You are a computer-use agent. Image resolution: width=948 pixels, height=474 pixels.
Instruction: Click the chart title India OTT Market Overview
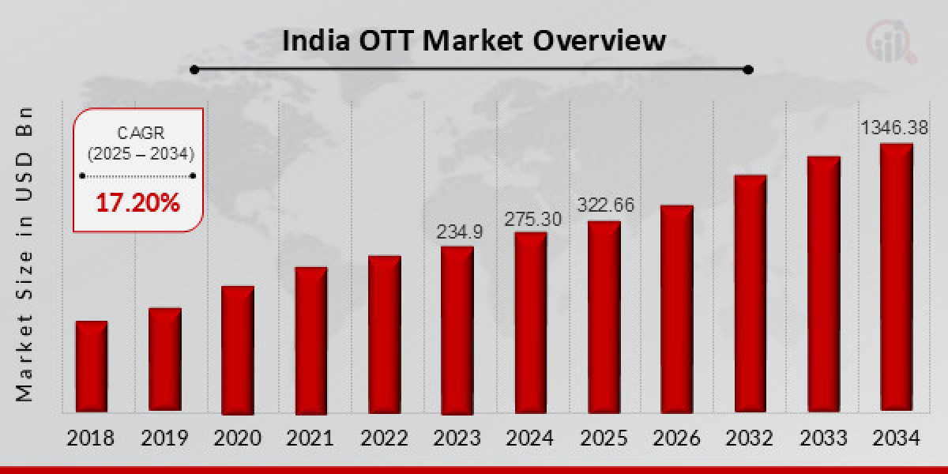pyautogui.click(x=474, y=40)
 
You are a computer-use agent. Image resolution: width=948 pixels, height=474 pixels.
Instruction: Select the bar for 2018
pyautogui.click(x=92, y=367)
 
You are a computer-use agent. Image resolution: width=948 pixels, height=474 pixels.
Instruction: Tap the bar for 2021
pyautogui.click(x=310, y=340)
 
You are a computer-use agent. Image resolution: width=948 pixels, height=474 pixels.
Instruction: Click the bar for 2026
pyautogui.click(x=676, y=309)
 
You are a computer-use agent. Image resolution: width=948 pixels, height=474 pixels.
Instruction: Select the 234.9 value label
pyautogui.click(x=459, y=231)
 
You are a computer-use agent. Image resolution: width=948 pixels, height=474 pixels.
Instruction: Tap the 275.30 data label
pyautogui.click(x=531, y=219)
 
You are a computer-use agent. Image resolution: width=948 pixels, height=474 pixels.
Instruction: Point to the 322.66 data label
pyautogui.click(x=606, y=205)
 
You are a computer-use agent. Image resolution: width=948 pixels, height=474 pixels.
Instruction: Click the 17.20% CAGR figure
pyautogui.click(x=138, y=204)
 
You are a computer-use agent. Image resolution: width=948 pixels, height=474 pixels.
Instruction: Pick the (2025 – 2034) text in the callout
pyautogui.click(x=139, y=152)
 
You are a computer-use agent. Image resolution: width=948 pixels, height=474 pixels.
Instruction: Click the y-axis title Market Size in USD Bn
pyautogui.click(x=24, y=253)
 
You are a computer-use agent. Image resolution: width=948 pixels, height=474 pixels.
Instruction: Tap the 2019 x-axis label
pyautogui.click(x=165, y=438)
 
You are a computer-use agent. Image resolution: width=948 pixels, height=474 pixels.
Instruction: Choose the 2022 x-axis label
pyautogui.click(x=384, y=438)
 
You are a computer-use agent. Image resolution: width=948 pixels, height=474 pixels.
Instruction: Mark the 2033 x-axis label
pyautogui.click(x=823, y=438)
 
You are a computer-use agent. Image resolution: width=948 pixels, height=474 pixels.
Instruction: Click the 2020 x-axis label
pyautogui.click(x=238, y=438)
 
